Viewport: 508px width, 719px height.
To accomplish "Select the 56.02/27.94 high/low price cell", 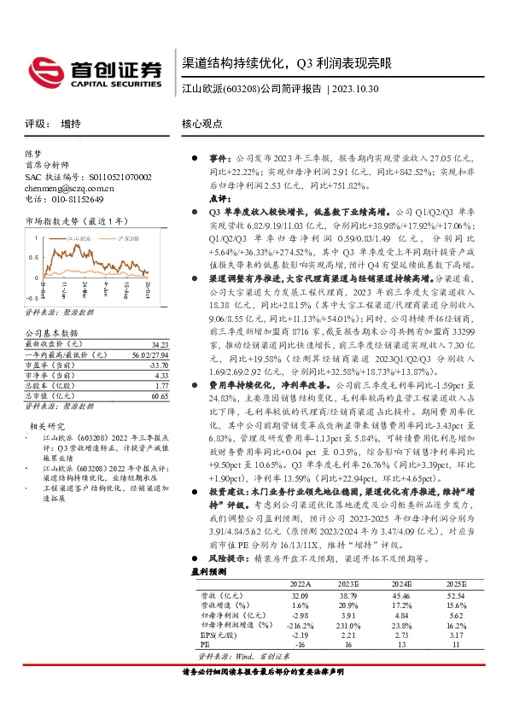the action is (152, 330).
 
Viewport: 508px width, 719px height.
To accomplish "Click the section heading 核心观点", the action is (202, 123).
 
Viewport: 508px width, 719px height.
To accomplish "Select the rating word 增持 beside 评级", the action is (71, 123).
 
